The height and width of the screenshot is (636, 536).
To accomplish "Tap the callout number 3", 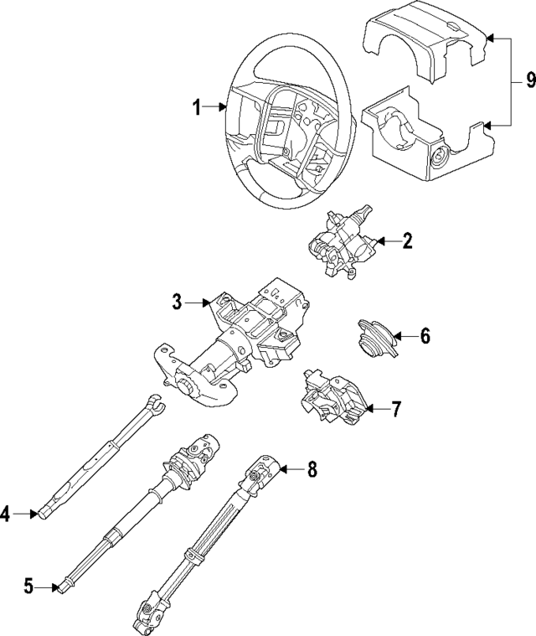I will point(177,302).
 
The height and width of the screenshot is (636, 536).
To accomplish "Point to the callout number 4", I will point(7,514).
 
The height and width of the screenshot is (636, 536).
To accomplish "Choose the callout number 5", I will point(28,587).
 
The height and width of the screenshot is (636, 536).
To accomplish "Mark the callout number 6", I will point(425,337).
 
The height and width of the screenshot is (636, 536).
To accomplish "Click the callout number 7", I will point(396,409).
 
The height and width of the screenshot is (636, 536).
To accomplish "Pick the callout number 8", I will point(312,470).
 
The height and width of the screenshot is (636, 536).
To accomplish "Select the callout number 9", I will point(529,80).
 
